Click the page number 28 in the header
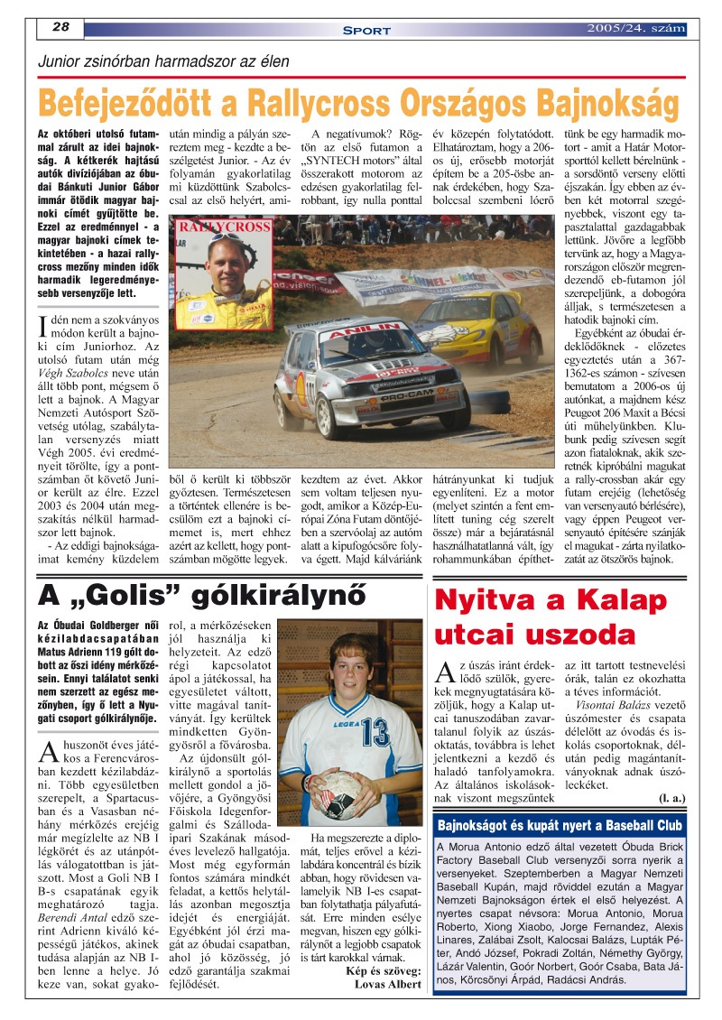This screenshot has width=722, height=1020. (x=61, y=27)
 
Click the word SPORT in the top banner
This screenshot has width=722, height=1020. (x=366, y=30)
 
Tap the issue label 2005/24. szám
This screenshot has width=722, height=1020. (x=635, y=28)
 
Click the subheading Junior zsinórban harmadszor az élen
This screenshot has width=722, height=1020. (x=162, y=62)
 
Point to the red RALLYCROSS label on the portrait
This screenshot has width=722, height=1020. (x=223, y=227)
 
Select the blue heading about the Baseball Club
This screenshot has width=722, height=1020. (x=558, y=825)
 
